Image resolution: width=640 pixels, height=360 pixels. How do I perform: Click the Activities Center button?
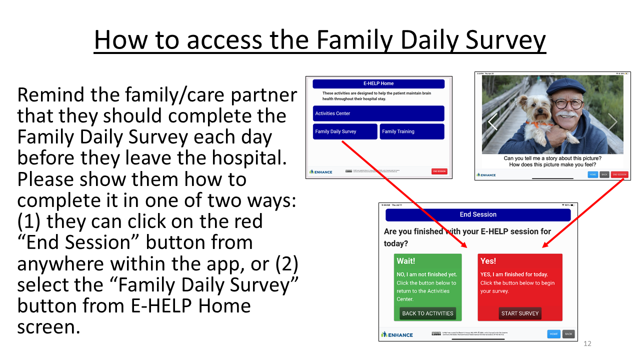[x=378, y=113]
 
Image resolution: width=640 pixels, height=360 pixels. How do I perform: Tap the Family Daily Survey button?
[x=345, y=131]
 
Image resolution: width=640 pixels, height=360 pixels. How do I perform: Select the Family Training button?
[x=411, y=131]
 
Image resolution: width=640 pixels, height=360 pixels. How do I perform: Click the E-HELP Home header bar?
[x=378, y=83]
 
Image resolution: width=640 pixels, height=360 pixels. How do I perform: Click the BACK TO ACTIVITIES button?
[x=427, y=313]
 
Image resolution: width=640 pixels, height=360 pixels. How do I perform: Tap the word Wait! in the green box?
[x=405, y=261]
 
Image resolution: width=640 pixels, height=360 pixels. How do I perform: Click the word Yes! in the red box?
[x=488, y=261]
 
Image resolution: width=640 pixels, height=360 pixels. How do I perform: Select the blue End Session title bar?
[x=477, y=214]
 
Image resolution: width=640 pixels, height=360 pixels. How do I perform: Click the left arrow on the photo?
[x=492, y=121]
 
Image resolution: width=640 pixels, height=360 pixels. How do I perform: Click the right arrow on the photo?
[x=612, y=121]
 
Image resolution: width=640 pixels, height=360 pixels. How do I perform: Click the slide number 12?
[x=587, y=344]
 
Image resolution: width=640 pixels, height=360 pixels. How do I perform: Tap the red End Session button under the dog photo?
[x=619, y=174]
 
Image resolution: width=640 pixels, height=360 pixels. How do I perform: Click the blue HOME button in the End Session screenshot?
[x=553, y=334]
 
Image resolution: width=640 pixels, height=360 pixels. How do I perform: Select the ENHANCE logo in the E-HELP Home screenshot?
[x=321, y=171]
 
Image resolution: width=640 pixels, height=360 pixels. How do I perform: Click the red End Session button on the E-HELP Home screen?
[x=439, y=171]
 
